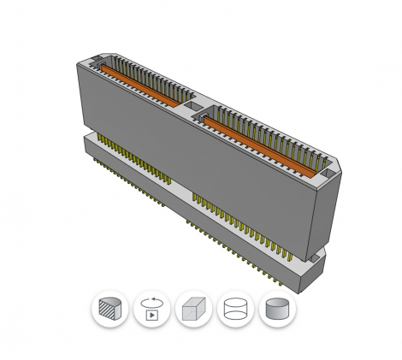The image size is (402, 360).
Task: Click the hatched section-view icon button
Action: tap(109, 309)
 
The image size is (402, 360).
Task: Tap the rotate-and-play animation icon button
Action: tap(151, 309)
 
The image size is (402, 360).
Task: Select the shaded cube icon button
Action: tap(193, 309)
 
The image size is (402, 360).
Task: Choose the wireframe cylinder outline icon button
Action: tap(235, 309)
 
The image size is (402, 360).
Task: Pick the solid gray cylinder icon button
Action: tap(277, 309)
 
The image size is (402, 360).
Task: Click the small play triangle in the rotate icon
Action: tap(152, 314)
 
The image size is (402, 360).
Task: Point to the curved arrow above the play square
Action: tap(152, 301)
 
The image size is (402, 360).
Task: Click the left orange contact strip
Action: tap(137, 86)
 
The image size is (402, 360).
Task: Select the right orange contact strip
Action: tap(257, 141)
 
